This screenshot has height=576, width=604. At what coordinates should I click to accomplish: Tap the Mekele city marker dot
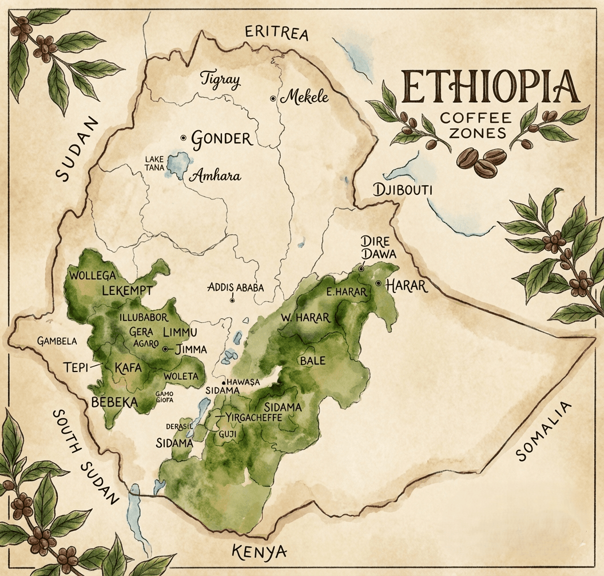tap(273, 99)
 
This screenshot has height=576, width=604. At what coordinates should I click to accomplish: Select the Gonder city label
tap(221, 138)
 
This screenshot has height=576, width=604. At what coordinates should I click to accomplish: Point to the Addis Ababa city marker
tap(232, 300)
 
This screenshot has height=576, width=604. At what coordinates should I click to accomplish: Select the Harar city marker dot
tap(379, 283)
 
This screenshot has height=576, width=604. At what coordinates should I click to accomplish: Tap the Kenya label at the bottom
tap(259, 552)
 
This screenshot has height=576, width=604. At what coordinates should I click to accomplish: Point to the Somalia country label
tap(544, 432)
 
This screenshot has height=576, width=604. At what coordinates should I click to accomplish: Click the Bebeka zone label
tap(114, 402)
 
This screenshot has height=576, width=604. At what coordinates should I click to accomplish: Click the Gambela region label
tap(57, 341)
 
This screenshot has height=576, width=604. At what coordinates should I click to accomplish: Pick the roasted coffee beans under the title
tap(482, 159)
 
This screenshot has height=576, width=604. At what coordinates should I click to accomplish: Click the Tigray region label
tap(220, 79)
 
